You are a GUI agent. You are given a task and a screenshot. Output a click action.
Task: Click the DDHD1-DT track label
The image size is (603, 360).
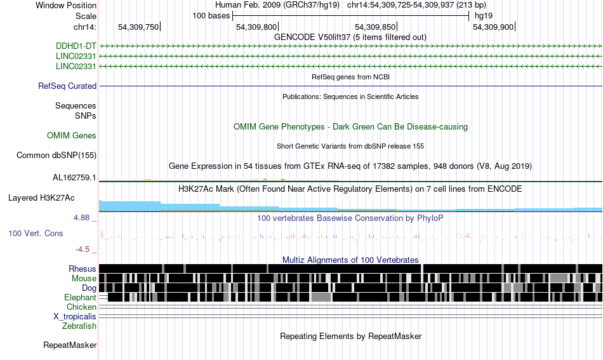[x=76, y=46]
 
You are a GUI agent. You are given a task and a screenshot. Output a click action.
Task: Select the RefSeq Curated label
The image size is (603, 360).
[x=67, y=86]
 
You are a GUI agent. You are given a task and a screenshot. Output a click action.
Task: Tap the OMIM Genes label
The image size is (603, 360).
[x=72, y=135]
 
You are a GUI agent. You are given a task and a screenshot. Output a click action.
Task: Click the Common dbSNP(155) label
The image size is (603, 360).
[x=56, y=155]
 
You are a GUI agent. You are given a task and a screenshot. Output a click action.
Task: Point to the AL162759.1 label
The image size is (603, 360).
[x=74, y=177]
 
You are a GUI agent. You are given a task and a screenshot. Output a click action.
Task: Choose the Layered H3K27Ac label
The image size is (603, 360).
[x=41, y=197]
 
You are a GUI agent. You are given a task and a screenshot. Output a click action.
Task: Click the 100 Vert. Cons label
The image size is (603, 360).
[x=36, y=233]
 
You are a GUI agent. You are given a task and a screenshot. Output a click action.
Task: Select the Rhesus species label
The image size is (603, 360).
[x=83, y=269]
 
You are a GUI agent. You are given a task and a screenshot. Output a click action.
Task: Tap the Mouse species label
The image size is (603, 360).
[x=84, y=278]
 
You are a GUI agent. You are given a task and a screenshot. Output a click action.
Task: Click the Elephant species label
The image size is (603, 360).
[x=81, y=297]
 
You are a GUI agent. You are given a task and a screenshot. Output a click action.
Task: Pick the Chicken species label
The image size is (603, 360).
[x=81, y=307]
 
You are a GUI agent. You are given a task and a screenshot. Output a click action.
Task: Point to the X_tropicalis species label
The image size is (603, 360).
[x=75, y=317]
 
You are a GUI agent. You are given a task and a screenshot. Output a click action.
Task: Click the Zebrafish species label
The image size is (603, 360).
[x=79, y=326]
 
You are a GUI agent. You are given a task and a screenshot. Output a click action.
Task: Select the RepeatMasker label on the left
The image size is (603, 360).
[x=70, y=345]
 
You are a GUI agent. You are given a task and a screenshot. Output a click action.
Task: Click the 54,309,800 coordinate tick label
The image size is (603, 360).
[x=256, y=27]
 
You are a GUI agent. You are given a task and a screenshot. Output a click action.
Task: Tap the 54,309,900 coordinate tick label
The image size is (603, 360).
[x=493, y=27]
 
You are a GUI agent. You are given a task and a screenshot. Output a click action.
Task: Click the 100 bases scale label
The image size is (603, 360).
[x=211, y=16]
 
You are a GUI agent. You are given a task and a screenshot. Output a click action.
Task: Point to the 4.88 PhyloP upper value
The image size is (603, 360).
[x=81, y=218]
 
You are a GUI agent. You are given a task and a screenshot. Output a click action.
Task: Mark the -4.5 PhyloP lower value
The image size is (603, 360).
[x=83, y=250]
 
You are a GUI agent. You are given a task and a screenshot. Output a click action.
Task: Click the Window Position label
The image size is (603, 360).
[x=66, y=5]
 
